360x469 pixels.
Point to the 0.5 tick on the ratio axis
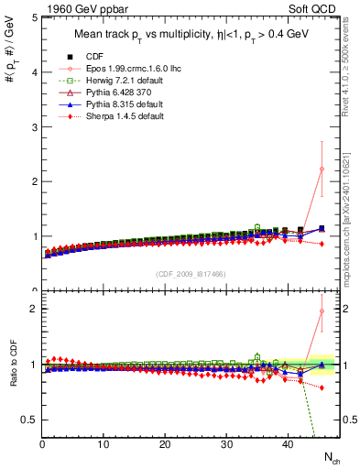click(29, 419)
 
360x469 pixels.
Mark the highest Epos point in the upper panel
click(321, 169)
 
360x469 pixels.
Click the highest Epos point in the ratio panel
click(321, 311)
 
